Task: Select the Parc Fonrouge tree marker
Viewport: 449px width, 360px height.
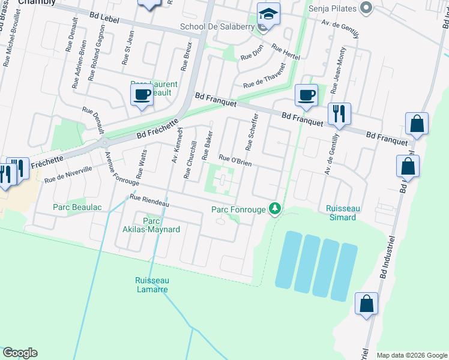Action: [x=275, y=209]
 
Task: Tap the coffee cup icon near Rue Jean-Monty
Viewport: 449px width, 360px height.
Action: [x=306, y=95]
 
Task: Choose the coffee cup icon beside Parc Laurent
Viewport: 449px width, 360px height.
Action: [x=142, y=94]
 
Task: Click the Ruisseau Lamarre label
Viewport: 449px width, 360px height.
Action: [x=152, y=284]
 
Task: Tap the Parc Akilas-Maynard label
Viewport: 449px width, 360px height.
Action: [x=157, y=225]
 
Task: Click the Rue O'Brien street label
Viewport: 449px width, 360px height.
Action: [x=235, y=160]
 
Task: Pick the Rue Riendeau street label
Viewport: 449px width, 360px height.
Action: [x=149, y=201]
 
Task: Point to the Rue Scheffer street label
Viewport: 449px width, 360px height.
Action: [x=252, y=131]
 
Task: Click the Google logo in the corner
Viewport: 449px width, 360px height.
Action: [x=20, y=353]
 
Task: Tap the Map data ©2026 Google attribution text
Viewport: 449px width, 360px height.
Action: [x=412, y=355]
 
